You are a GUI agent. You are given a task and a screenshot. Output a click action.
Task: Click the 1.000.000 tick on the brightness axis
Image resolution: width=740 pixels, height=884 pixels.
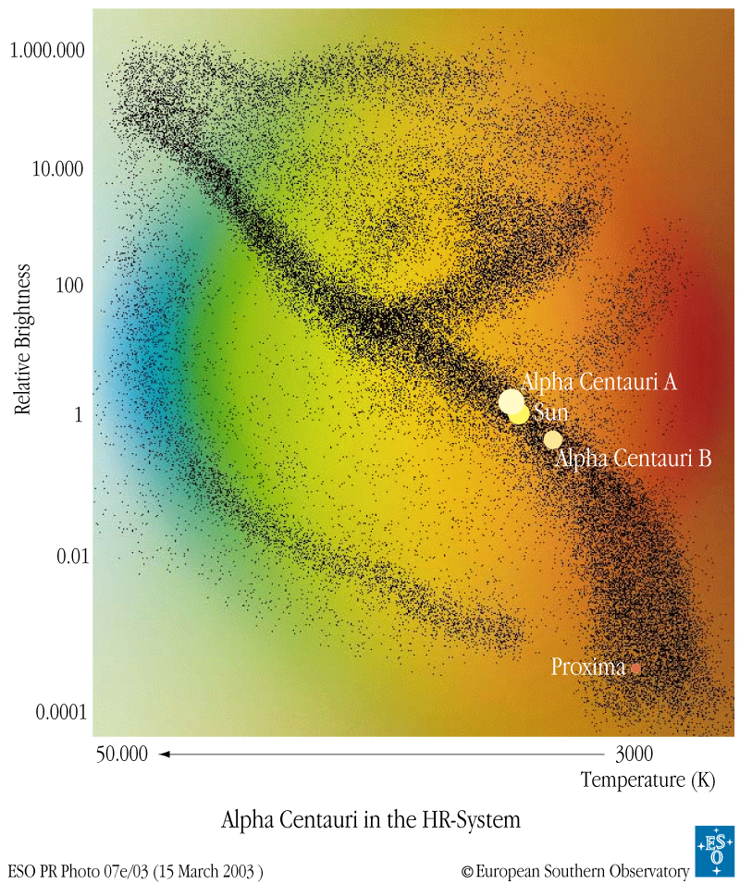pyautogui.click(x=47, y=49)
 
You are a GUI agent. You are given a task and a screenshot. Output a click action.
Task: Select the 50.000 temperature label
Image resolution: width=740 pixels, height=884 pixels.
pyautogui.click(x=121, y=754)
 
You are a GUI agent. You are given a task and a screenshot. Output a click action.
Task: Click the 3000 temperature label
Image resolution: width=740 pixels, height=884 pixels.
pyautogui.click(x=634, y=754)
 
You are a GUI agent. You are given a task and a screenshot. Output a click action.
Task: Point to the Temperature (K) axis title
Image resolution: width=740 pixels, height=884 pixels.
pyautogui.click(x=647, y=780)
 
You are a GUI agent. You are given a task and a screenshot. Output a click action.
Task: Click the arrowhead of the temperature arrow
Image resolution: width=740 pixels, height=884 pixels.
pyautogui.click(x=164, y=754)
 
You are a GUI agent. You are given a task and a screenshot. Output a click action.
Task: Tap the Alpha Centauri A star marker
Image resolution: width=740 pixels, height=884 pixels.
pyautogui.click(x=511, y=401)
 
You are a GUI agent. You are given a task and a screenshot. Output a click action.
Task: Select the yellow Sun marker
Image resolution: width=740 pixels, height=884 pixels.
pyautogui.click(x=519, y=414)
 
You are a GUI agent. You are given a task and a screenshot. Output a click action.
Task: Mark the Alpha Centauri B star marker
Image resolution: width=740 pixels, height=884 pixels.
pyautogui.click(x=553, y=439)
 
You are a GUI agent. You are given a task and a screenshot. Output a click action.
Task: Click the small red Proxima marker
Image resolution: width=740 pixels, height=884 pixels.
pyautogui.click(x=635, y=668)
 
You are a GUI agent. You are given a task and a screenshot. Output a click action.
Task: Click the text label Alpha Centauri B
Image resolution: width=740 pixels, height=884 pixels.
pyautogui.click(x=634, y=458)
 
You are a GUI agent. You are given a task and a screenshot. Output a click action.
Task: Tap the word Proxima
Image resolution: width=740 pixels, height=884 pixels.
pyautogui.click(x=588, y=667)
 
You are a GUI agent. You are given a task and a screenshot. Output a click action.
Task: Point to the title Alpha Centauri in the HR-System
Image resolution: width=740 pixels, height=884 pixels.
pyautogui.click(x=371, y=819)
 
